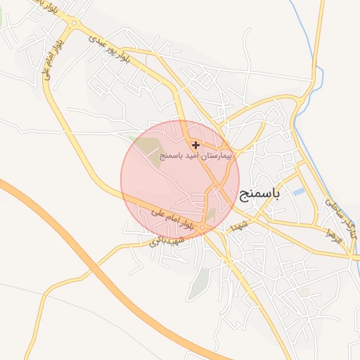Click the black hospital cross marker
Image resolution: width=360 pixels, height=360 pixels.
pyautogui.click(x=195, y=145)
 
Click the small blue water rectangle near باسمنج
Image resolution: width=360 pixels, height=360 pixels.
pyautogui.click(x=299, y=191)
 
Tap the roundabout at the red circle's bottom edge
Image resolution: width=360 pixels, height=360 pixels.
pyautogui.click(x=202, y=229)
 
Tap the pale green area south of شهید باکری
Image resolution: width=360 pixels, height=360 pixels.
pyautogui.click(x=201, y=281)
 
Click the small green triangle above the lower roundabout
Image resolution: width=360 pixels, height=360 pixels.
pyautogui.click(x=210, y=214)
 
